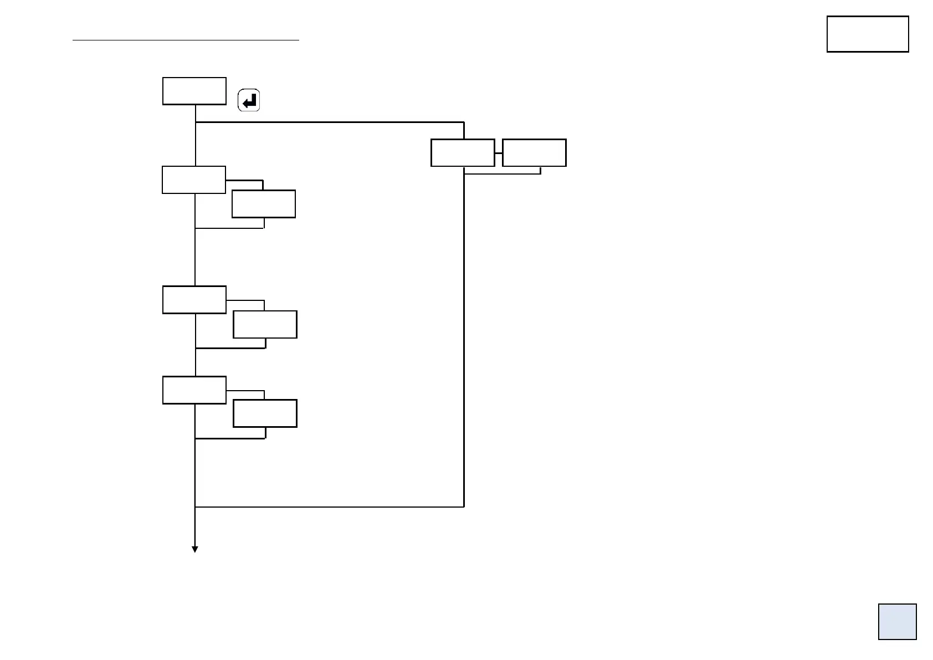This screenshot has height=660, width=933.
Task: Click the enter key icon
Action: [249, 101]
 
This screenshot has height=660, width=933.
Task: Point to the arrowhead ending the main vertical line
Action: [195, 549]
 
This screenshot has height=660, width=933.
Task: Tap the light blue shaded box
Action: [897, 621]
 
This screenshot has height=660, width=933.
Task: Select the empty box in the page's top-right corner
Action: [867, 34]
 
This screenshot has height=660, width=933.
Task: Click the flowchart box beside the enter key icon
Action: [194, 91]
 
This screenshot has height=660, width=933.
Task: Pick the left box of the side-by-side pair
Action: [463, 152]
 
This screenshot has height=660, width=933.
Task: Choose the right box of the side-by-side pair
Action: [534, 152]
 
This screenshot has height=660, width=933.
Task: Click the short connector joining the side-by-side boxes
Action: [499, 152]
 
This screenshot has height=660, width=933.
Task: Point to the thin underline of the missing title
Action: [186, 40]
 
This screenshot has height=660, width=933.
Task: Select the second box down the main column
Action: [194, 180]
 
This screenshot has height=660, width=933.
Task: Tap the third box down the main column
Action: [194, 300]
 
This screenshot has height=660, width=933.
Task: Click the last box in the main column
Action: [194, 390]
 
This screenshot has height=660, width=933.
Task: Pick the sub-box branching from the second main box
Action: [264, 204]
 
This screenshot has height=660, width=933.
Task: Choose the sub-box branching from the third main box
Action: [265, 324]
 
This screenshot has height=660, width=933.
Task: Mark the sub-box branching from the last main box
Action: [265, 413]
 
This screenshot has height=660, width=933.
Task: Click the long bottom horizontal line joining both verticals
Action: [330, 506]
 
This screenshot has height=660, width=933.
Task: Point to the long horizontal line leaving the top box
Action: [330, 122]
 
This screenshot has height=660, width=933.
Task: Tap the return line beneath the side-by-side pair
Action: [502, 174]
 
